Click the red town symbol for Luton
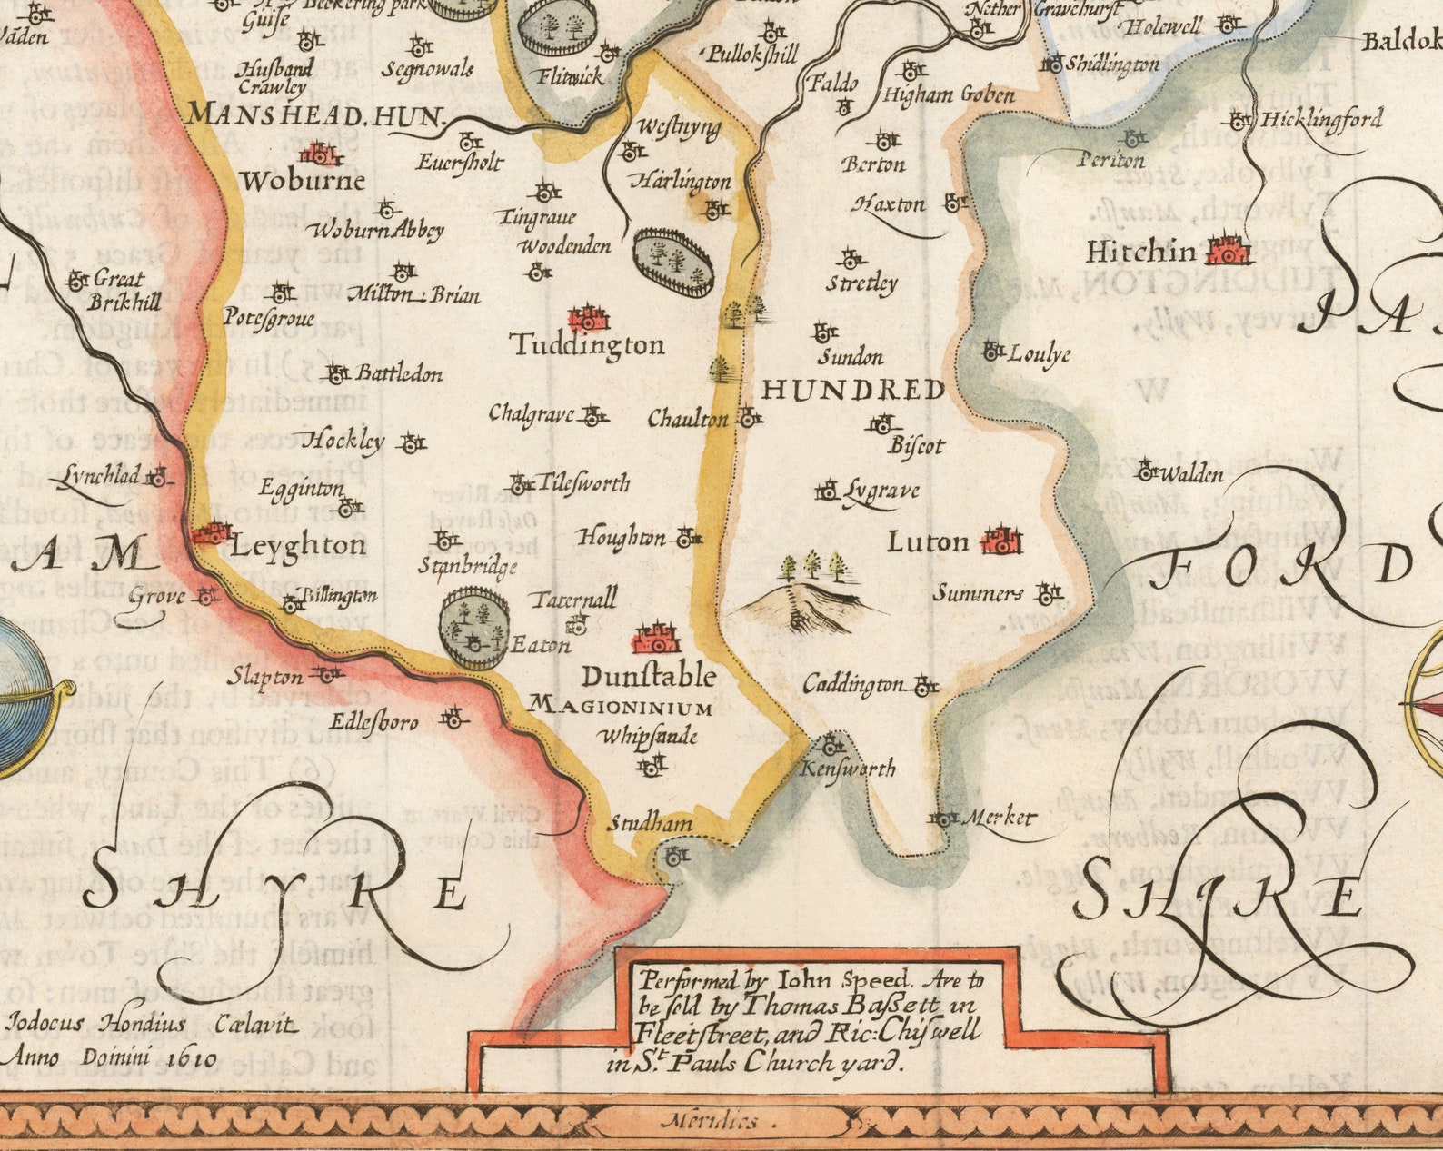tap(1001, 541)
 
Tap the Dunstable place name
tap(648, 677)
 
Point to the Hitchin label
tap(1140, 252)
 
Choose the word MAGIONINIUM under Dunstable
tap(621, 706)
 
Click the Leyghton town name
tap(298, 545)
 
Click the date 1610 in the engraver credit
tap(192, 1057)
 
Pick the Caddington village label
tap(853, 685)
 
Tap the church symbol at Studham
tap(674, 855)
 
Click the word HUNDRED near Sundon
tap(852, 390)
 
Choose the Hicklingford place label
tap(1321, 119)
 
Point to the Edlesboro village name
tap(373, 722)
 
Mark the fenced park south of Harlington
tap(672, 262)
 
